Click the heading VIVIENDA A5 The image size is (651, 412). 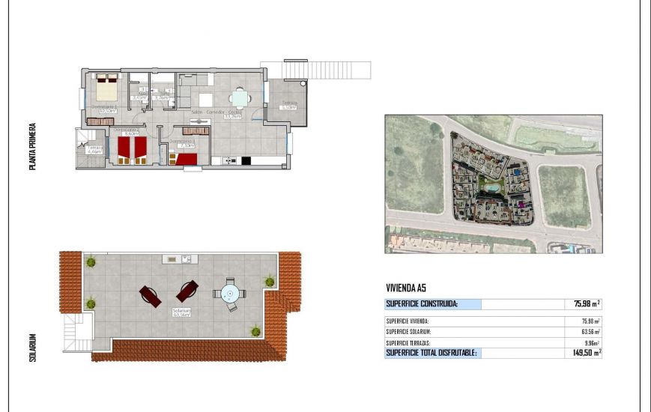[405, 287]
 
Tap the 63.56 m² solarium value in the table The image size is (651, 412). [588, 331]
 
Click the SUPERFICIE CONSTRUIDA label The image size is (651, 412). [422, 304]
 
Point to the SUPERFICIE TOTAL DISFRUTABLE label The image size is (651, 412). [431, 352]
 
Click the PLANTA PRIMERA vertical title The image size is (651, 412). [33, 148]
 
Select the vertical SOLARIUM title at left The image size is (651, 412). [33, 348]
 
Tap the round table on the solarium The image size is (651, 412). [228, 292]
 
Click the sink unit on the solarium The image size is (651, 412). [179, 259]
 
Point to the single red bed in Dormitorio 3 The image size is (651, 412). [185, 158]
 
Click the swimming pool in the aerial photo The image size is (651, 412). [491, 185]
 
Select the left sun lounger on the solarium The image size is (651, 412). [150, 296]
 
